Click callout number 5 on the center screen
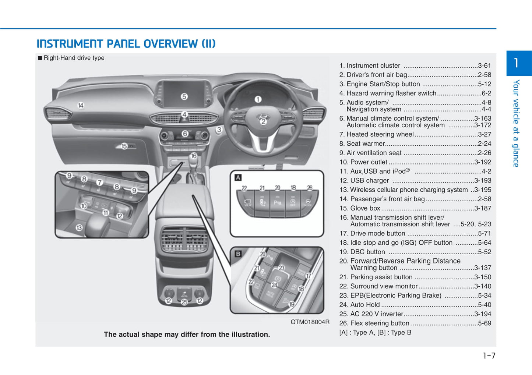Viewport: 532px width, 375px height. point(184,96)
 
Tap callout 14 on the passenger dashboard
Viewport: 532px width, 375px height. point(81,106)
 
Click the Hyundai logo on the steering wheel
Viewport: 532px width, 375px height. point(263,117)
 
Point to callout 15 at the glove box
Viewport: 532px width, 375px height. point(124,146)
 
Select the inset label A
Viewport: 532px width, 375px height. point(238,178)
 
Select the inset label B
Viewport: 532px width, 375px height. point(238,254)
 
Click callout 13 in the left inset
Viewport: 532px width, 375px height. point(79,228)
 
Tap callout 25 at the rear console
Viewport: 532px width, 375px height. point(184,302)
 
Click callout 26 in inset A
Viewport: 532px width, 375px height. point(310,188)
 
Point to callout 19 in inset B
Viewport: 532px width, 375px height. point(292,304)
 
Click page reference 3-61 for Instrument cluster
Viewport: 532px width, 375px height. point(484,66)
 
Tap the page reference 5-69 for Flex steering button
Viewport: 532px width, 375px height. point(484,323)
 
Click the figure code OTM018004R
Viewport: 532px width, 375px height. point(310,322)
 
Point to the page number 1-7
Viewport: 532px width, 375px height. point(489,356)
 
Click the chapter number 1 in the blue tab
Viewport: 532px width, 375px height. point(516,63)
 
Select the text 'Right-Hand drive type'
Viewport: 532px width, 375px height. point(74,58)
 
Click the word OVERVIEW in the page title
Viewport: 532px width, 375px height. point(170,44)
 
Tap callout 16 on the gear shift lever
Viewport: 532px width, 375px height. point(194,156)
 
